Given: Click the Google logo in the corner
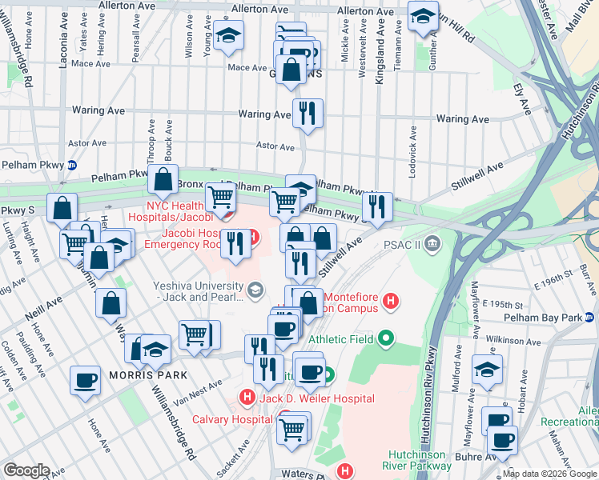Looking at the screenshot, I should click(26, 470).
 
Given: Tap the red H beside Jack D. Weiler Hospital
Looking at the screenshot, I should click(247, 398).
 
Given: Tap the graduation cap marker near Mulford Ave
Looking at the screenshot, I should click(486, 369).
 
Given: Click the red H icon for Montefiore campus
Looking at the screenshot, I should click(391, 302).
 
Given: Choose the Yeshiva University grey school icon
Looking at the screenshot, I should click(255, 290).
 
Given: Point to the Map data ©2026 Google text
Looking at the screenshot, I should click(549, 474).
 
